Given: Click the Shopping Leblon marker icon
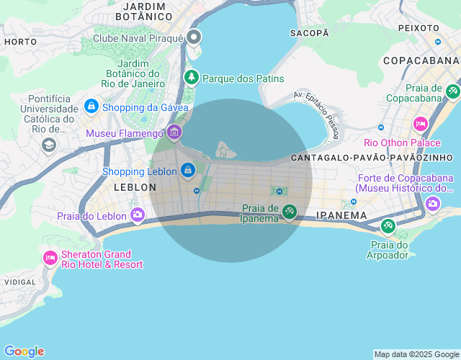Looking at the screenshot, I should pyautogui.click(x=187, y=170).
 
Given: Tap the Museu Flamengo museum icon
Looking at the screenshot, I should pyautogui.click(x=174, y=132).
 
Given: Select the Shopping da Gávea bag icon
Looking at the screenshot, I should pyautogui.click(x=91, y=107).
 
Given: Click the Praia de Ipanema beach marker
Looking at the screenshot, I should pyautogui.click(x=289, y=211).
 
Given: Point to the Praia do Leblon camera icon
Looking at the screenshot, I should pyautogui.click(x=137, y=214).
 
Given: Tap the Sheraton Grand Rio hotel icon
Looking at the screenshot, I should pyautogui.click(x=50, y=258).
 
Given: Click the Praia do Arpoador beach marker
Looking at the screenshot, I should pyautogui.click(x=388, y=227).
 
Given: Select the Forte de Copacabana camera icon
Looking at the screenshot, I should pyautogui.click(x=433, y=203).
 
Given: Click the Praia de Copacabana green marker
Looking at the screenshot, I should pyautogui.click(x=452, y=91).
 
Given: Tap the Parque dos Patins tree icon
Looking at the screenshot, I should pyautogui.click(x=191, y=77).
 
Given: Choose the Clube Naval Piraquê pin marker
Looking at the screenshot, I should pyautogui.click(x=193, y=37).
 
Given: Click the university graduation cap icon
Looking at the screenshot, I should pyautogui.click(x=48, y=144).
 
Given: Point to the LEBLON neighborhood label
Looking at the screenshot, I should pyautogui.click(x=135, y=187).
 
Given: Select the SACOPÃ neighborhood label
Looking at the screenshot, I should pyautogui.click(x=309, y=33).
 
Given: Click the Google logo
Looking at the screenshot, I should pyautogui.click(x=24, y=351).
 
